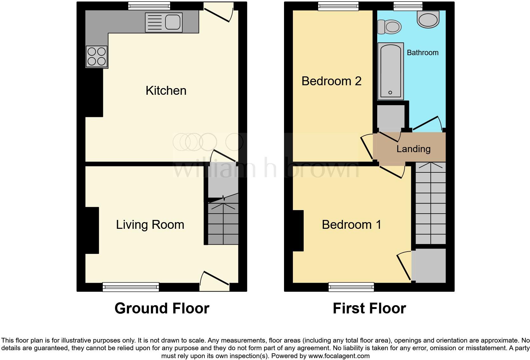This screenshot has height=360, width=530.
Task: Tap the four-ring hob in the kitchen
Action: click(97, 56)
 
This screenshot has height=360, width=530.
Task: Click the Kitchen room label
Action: click(166, 91)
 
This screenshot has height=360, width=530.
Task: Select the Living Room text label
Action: click(150, 225)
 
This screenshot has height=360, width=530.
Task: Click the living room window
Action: click(131, 287)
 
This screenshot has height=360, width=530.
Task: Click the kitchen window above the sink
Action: click(149, 6)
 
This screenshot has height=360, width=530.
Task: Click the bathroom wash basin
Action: click(428, 19)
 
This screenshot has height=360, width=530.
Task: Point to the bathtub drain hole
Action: click(390, 93)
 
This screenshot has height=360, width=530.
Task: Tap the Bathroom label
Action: click(423, 53)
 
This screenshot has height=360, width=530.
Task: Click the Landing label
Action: click(413, 149)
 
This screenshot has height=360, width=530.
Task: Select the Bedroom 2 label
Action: click(331, 81)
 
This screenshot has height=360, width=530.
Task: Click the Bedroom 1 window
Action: click(351, 287)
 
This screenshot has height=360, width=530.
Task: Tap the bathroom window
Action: click(408, 6)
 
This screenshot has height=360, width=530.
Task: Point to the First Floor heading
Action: click(369, 308)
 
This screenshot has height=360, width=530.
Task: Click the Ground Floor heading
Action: click(162, 308)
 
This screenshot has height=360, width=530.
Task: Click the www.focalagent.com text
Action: click(339, 356)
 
